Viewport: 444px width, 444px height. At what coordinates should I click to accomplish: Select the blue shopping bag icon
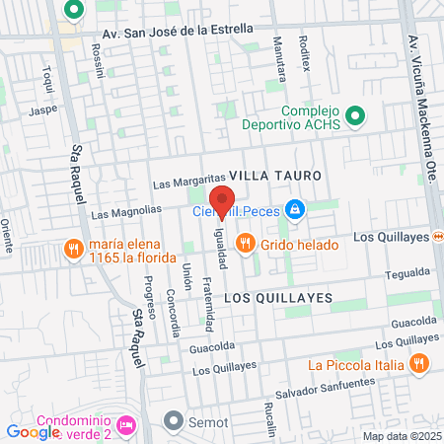coord(293,209)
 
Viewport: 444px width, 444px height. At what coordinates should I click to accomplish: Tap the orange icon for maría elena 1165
coord(72,249)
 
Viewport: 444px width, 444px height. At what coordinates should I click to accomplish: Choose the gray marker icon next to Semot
coord(174,421)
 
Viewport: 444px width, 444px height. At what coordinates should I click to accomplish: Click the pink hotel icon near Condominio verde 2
coord(125,425)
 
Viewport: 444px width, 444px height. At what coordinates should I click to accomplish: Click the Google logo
coord(33,431)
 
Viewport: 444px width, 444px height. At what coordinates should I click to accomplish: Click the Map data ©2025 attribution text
coord(403,436)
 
